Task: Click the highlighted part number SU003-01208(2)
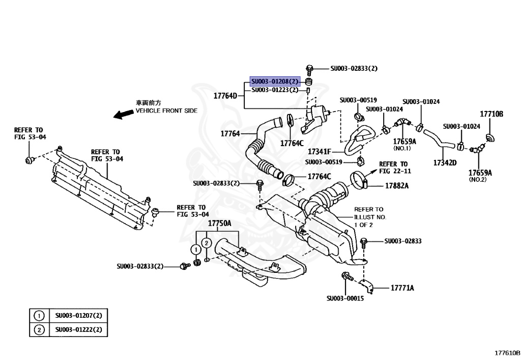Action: click(275, 81)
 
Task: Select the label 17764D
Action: click(225, 96)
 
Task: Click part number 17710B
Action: click(491, 114)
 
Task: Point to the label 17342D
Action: click(445, 162)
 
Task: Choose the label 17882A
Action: click(397, 186)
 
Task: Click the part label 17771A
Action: click(402, 288)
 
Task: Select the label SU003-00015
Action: click(345, 298)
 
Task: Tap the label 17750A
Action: click(220, 224)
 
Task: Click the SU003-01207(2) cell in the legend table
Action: click(79, 316)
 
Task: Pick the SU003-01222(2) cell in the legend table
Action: click(79, 330)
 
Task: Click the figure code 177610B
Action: click(507, 353)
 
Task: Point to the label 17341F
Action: click(320, 152)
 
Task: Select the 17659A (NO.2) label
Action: click(480, 176)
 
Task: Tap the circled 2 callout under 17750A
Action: click(207, 243)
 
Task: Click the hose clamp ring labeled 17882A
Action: click(358, 180)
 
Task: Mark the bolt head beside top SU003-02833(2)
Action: click(309, 69)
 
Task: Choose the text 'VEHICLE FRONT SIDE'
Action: click(166, 110)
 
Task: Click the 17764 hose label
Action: click(230, 133)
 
